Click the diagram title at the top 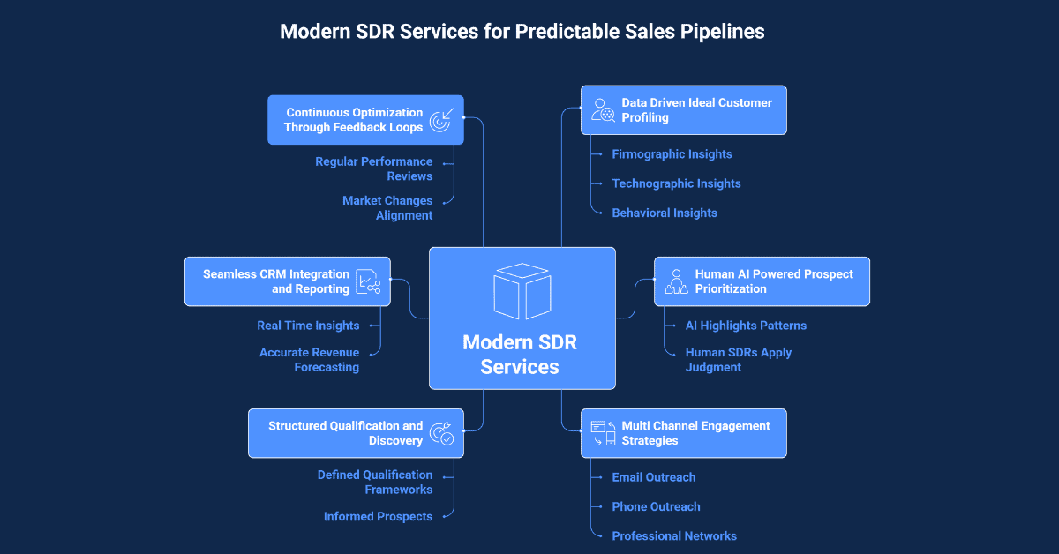(522, 32)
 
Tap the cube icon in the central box (522, 291)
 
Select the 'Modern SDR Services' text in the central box (520, 354)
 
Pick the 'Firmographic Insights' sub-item (672, 154)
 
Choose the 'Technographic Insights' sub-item (676, 183)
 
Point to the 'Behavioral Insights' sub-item (665, 213)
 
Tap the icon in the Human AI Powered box (676, 281)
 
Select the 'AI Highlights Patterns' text (746, 326)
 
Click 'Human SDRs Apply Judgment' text (738, 360)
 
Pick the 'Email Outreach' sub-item (653, 477)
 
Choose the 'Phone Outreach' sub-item (656, 506)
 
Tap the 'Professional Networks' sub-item (674, 535)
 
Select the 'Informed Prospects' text (378, 516)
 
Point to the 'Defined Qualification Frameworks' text (375, 482)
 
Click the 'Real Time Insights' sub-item (308, 326)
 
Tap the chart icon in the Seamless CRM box (368, 281)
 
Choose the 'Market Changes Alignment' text (387, 208)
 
